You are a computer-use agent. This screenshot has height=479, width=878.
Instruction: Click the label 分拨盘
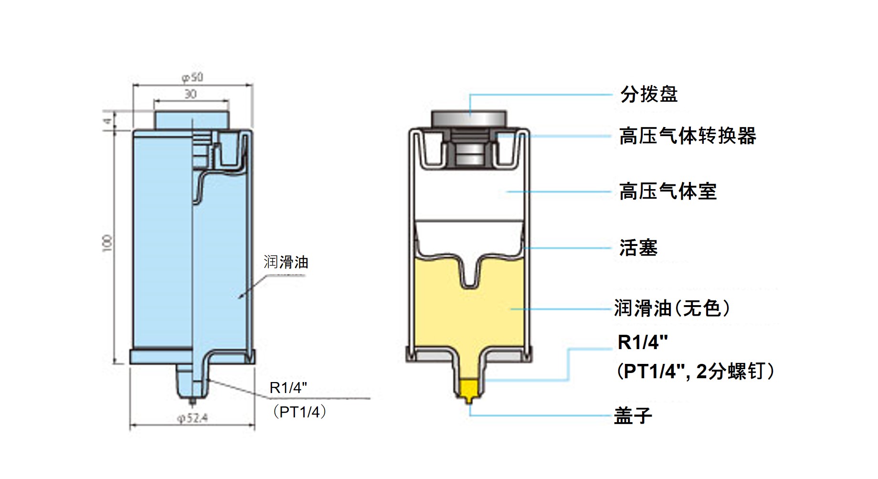point(649,95)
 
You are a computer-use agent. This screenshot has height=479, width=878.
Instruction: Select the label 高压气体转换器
point(688,136)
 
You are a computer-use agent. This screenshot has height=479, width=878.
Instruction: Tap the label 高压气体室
point(668,192)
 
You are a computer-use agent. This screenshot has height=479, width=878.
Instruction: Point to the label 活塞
point(638,248)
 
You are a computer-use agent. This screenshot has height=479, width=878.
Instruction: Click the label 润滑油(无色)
point(672,309)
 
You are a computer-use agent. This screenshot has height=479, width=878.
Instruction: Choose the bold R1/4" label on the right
point(643,342)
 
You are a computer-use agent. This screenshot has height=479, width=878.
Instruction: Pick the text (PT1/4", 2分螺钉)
point(695,371)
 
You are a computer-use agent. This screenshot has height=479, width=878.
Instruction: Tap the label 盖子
point(633,415)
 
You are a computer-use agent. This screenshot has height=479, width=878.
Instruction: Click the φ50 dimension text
point(192,77)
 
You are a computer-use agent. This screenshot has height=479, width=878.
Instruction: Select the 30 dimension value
point(190,94)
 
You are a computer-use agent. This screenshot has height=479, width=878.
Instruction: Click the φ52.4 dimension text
point(192,418)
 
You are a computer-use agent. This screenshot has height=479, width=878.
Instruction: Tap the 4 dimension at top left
point(108,120)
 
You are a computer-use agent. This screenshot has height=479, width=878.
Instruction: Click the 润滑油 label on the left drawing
point(286,262)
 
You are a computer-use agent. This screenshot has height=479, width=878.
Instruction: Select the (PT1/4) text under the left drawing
point(299,412)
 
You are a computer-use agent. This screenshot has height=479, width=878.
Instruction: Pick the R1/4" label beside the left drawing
point(288,388)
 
